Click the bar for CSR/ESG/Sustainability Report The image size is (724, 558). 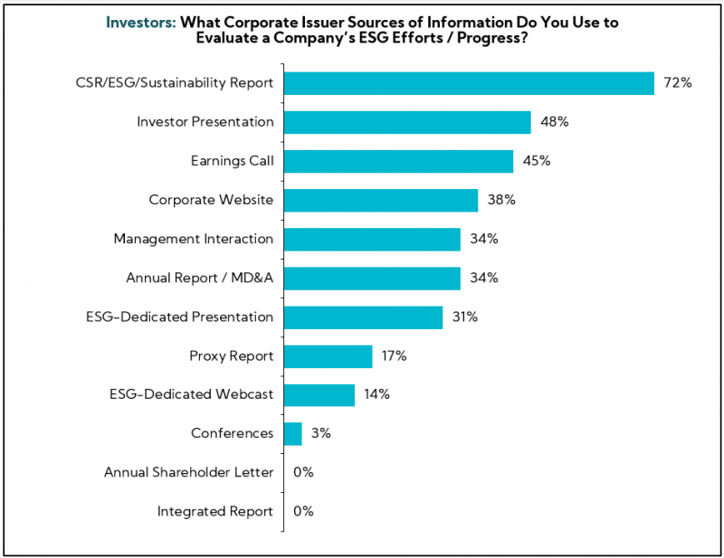(469, 83)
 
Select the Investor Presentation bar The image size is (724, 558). (407, 122)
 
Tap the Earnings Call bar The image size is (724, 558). (398, 161)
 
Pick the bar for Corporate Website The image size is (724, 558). (381, 200)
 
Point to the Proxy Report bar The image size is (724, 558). (328, 356)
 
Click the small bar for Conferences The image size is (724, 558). (292, 434)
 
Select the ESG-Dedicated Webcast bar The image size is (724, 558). (319, 395)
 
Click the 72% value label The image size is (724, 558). (678, 83)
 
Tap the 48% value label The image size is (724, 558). (554, 122)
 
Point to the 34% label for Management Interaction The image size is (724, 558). (483, 239)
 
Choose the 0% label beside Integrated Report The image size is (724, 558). (303, 512)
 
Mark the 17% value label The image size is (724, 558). (394, 356)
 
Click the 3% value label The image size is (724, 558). (321, 434)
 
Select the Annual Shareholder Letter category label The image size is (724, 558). (188, 472)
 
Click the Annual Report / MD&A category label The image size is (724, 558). (199, 278)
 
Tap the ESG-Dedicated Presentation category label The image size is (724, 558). (179, 317)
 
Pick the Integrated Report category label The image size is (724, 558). (214, 512)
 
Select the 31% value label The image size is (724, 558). (465, 317)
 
